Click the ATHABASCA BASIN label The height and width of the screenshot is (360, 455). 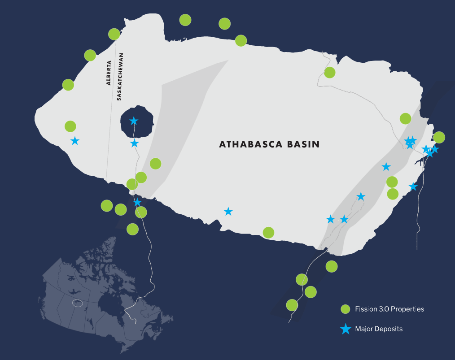(269, 144)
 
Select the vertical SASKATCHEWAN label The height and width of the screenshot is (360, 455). (119, 77)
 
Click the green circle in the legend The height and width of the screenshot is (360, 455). (345, 309)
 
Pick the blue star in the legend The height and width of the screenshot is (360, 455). (345, 329)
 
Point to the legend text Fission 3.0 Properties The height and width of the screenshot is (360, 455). (389, 309)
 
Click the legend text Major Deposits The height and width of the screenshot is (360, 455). (379, 329)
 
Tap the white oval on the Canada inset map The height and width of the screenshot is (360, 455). (78, 304)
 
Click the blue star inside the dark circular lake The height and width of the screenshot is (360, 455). (134, 121)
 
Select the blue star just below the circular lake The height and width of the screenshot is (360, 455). (135, 143)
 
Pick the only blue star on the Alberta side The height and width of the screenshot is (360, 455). (75, 141)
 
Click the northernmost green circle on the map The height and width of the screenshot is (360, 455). (185, 20)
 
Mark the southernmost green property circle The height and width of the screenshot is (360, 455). (292, 305)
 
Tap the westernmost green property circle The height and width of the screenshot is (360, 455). (68, 85)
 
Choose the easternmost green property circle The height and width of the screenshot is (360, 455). (439, 137)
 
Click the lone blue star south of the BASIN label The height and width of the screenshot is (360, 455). (228, 211)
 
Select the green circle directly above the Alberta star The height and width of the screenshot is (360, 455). (70, 126)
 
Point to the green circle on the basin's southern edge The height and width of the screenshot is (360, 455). (268, 232)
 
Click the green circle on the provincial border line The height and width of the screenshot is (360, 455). (114, 34)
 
